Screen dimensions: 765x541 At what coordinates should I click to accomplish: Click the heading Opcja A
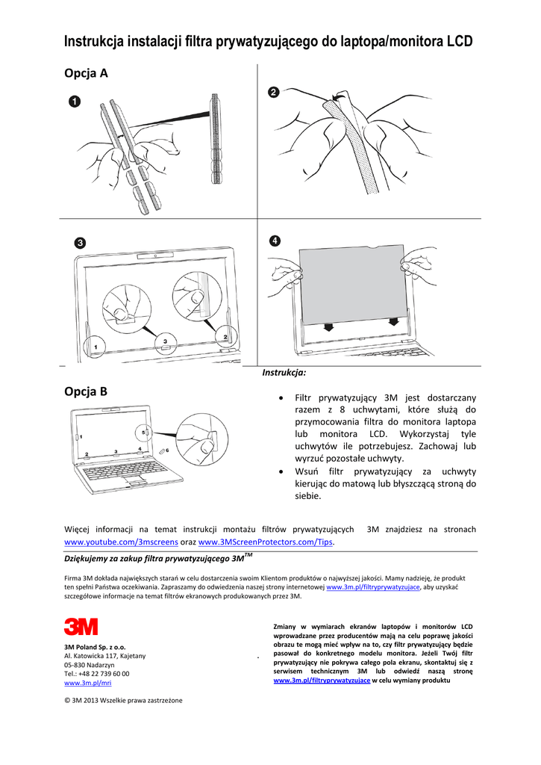(87, 73)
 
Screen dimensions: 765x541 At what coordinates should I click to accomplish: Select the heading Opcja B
(87, 391)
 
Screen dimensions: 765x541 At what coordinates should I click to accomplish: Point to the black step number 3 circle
(79, 243)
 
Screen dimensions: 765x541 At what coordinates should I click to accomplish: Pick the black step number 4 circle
(275, 241)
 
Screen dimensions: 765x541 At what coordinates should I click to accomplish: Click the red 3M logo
(81, 627)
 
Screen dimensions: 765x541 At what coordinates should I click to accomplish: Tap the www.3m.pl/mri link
(88, 683)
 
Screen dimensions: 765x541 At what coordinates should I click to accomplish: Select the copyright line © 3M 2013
(123, 700)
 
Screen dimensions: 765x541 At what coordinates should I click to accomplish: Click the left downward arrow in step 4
(328, 328)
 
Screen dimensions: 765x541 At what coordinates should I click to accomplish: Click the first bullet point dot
(280, 398)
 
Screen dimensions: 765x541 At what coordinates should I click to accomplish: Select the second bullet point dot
(280, 471)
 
